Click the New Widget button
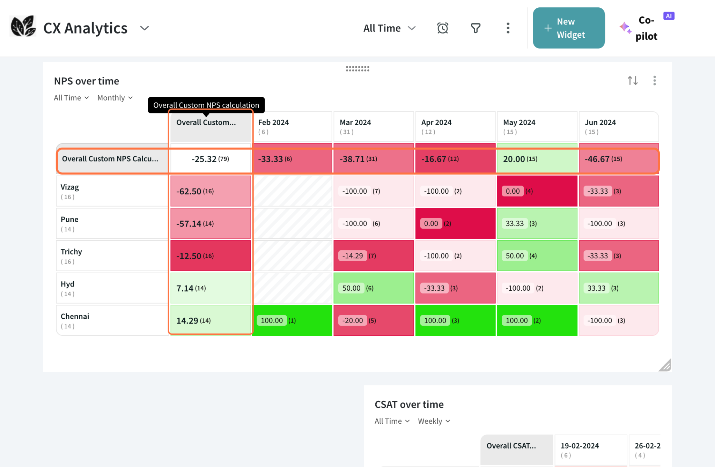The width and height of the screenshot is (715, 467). point(568,28)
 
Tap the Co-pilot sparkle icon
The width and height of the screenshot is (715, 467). point(625,28)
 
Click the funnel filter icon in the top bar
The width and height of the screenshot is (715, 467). point(476,28)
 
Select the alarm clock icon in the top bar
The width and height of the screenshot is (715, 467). point(442,28)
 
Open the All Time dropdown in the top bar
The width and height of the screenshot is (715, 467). point(389,28)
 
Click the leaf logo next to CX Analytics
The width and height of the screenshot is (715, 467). point(23,27)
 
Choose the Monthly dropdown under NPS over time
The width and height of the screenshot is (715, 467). point(115,98)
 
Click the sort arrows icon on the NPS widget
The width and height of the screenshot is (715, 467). point(633,81)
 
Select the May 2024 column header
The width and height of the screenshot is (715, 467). point(537,126)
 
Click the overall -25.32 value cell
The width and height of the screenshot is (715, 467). point(210,159)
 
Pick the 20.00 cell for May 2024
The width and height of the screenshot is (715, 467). point(537,159)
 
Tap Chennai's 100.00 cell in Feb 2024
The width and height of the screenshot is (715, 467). point(292,320)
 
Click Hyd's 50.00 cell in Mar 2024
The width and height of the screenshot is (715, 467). point(374,288)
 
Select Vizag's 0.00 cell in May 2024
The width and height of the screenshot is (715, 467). point(537,191)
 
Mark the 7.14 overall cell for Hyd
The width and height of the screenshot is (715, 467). point(210,288)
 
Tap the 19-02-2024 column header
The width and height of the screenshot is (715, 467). point(590,450)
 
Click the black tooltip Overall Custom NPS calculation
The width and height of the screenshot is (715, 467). point(206,105)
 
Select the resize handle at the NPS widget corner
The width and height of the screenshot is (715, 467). point(665,365)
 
